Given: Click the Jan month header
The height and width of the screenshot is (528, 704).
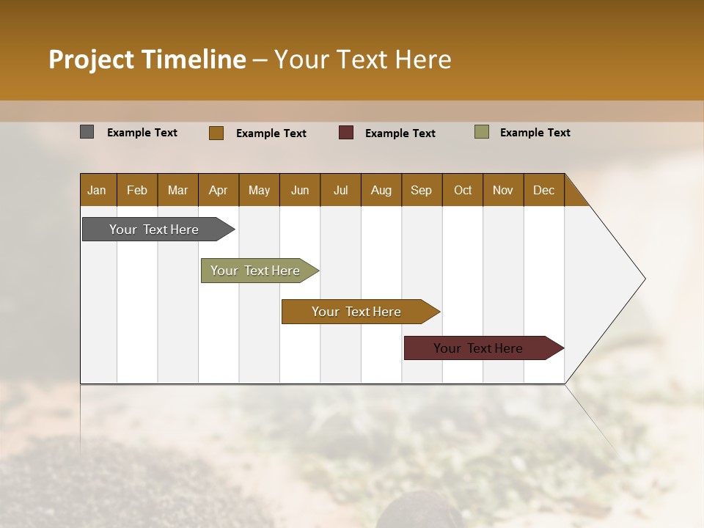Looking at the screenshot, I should coord(98,190).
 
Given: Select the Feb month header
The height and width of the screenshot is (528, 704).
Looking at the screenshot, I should coord(137,190).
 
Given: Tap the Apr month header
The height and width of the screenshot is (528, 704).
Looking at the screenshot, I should coord(219,190).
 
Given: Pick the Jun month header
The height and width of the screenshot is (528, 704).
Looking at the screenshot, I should coord(300,190).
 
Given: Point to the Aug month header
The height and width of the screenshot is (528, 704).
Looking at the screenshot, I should coord(381,190).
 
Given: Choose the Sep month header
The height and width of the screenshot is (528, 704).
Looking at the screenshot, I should coord(422,190).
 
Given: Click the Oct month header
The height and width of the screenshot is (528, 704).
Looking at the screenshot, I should coord(463,190).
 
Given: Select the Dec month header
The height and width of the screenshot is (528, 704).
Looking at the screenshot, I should coord(544,190).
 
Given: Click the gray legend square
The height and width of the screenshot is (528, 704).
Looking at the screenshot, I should coord(87,132).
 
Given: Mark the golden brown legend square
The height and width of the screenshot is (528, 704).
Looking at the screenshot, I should coord(216,133).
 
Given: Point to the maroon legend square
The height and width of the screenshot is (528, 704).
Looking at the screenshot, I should coord(346,133).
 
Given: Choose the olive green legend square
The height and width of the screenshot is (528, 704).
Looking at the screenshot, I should coord(482,132).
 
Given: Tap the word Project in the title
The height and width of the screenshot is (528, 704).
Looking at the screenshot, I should coord(92,59).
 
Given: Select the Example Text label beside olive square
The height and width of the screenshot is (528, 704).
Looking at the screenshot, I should coord(535,133).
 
